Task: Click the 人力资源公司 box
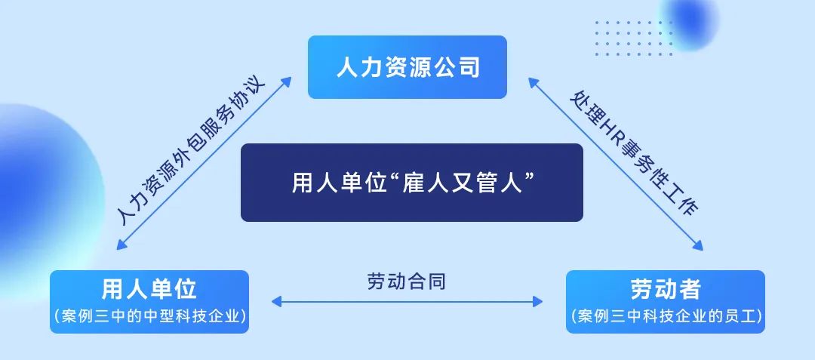pos(407,67)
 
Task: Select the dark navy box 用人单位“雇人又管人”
pos(412,183)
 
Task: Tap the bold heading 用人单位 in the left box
pos(149,289)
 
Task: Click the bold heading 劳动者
pos(666,289)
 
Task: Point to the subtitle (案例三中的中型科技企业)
pos(149,315)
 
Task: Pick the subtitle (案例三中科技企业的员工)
pos(666,315)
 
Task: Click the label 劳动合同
pos(407,282)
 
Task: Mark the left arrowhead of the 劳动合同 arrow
pos(276,301)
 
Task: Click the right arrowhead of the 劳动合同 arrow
pos(538,301)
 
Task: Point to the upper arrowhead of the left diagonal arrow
pos(287,81)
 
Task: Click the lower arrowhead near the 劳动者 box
pos(698,246)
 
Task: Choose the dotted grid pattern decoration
pos(634,38)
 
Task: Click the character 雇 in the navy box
pos(414,183)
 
